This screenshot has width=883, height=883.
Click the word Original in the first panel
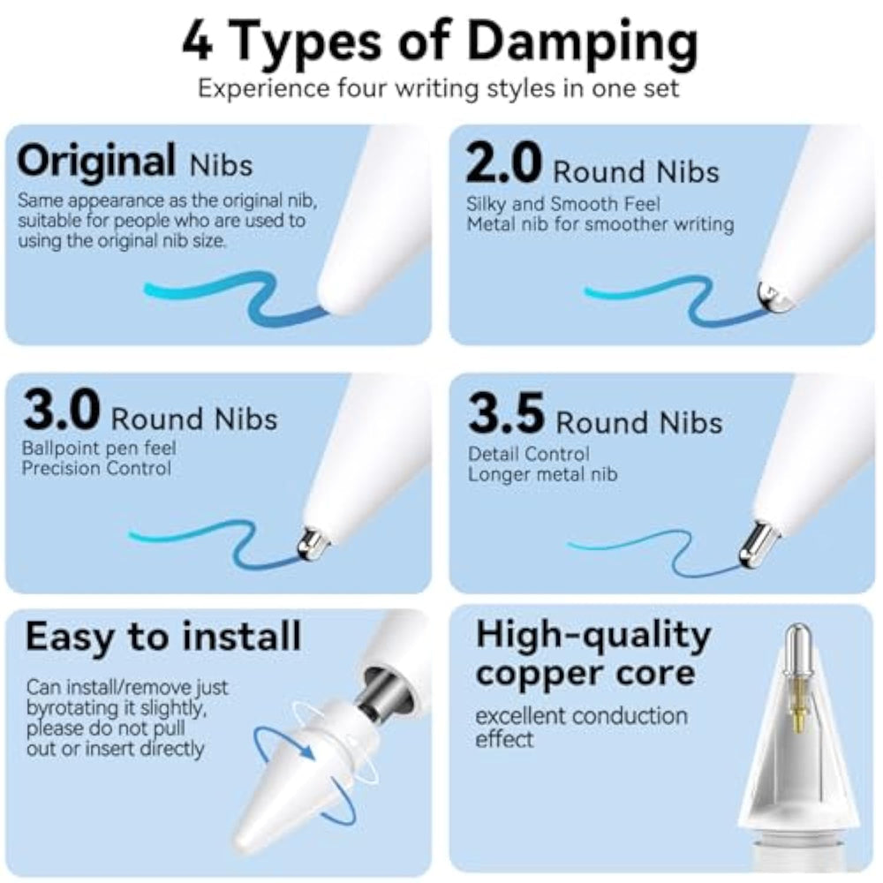tap(96, 162)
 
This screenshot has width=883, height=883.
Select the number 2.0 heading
tap(503, 162)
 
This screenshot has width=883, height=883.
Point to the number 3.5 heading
tap(506, 414)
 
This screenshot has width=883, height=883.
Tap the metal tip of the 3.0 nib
tap(312, 545)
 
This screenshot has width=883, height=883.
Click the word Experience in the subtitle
tap(264, 89)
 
